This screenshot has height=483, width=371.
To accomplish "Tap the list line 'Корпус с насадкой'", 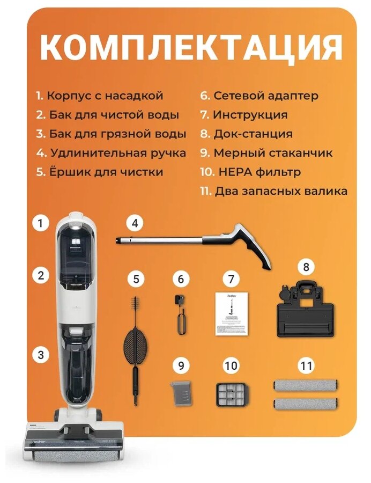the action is coord(99,96).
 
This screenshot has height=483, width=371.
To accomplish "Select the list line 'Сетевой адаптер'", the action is coord(259,96).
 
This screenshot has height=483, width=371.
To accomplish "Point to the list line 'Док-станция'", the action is coord(246,134).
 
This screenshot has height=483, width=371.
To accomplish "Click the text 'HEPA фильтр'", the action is coord(259,172).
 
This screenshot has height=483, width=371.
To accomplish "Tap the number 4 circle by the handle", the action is coord(135,223).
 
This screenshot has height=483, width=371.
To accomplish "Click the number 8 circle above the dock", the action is coord(306,267).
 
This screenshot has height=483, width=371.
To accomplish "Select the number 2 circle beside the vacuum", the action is coord(41,275).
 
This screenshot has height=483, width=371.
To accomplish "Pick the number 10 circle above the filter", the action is coord(231,365).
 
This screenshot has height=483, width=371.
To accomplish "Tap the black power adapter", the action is coord(180,315).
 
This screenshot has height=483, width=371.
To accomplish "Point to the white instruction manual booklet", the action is coord(232,314).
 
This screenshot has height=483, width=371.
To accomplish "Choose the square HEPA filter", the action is coord(231,395).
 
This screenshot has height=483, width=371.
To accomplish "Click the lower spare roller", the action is coord(306,404).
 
